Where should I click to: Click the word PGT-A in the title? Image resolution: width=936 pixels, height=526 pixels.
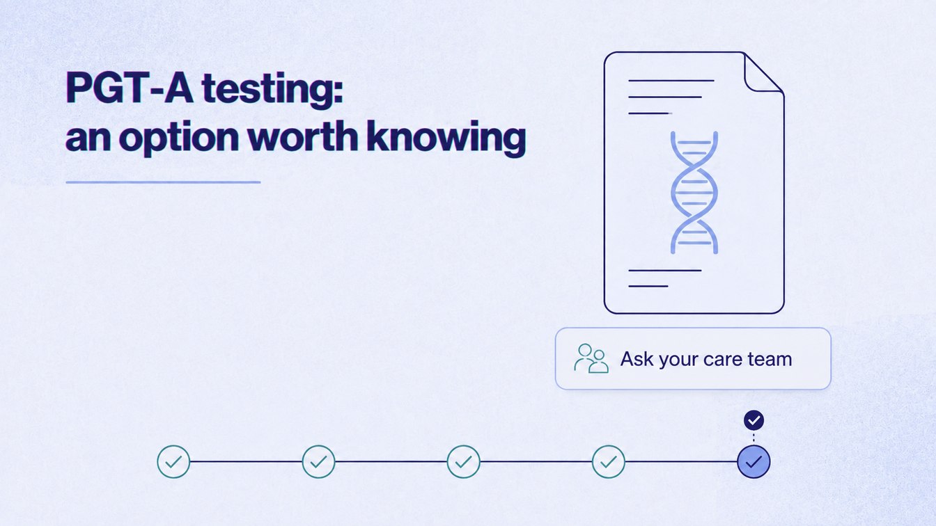pyautogui.click(x=130, y=88)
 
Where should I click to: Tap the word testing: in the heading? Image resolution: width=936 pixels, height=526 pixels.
pyautogui.click(x=272, y=90)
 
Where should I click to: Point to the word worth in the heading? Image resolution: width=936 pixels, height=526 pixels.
pyautogui.click(x=302, y=136)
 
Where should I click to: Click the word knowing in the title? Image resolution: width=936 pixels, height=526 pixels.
pyautogui.click(x=446, y=138)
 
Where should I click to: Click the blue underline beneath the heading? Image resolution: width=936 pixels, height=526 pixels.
pyautogui.click(x=163, y=182)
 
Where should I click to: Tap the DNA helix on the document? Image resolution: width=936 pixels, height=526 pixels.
pyautogui.click(x=694, y=193)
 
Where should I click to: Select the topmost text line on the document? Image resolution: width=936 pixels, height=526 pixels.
pyautogui.click(x=671, y=80)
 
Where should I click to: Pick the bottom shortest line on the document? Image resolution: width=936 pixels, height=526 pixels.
pyautogui.click(x=648, y=287)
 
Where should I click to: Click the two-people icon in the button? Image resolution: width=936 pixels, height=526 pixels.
pyautogui.click(x=591, y=358)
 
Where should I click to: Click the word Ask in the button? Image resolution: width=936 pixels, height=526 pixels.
pyautogui.click(x=637, y=358)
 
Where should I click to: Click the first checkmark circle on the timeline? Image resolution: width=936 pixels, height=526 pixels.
pyautogui.click(x=173, y=462)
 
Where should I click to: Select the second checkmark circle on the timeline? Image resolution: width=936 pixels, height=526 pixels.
pyautogui.click(x=318, y=462)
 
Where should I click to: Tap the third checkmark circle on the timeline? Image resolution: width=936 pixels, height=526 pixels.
pyautogui.click(x=463, y=462)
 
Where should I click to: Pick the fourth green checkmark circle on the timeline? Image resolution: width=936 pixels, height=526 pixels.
pyautogui.click(x=609, y=462)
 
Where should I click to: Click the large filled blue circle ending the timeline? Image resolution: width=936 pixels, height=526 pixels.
pyautogui.click(x=754, y=462)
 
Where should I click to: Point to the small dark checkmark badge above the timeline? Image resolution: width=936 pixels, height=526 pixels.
pyautogui.click(x=754, y=420)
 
